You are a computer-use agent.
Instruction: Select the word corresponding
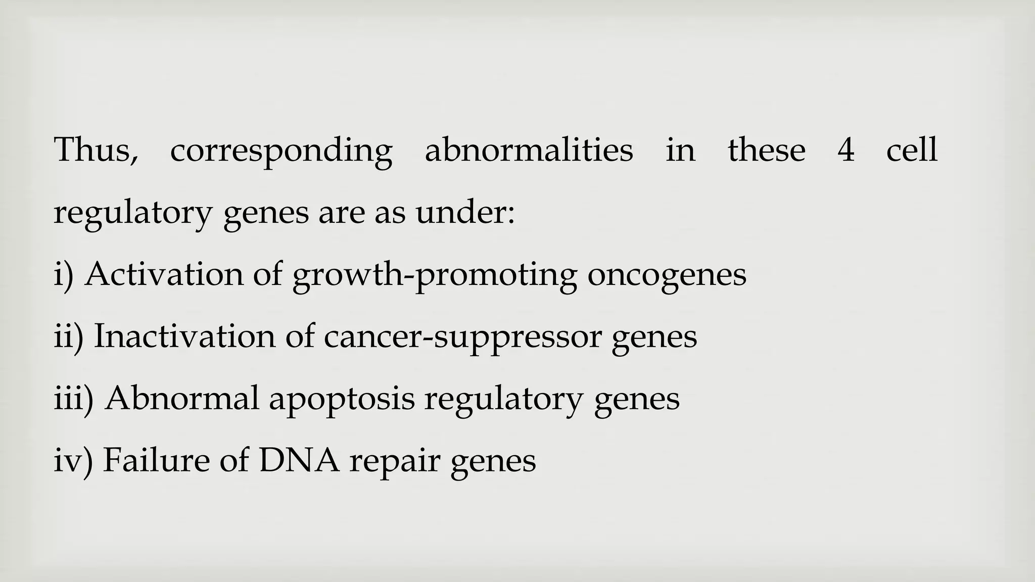click(281, 151)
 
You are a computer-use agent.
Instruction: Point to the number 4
click(846, 150)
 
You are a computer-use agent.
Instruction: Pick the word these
click(766, 150)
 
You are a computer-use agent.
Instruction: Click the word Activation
click(164, 274)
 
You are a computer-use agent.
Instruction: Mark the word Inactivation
click(184, 336)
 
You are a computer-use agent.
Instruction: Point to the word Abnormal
click(182, 399)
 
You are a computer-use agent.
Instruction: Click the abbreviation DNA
click(299, 460)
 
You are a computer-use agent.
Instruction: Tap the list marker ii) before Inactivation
click(68, 337)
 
